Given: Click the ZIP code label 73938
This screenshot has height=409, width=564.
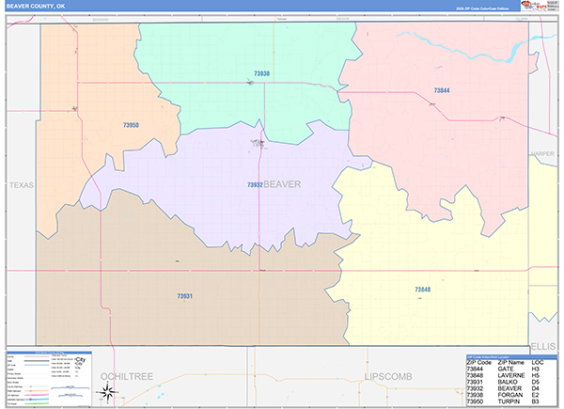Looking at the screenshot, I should click(x=261, y=73).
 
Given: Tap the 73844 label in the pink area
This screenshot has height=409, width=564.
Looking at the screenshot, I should click(x=442, y=90).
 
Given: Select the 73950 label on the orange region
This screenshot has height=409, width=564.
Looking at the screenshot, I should click(x=131, y=125).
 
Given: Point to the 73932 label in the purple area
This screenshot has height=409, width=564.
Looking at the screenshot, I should click(x=255, y=185).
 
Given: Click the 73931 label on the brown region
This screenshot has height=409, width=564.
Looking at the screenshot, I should click(x=184, y=296).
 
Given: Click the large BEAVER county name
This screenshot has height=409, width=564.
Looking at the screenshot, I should click(x=283, y=184).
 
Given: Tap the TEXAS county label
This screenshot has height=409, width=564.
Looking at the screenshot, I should click(x=21, y=185).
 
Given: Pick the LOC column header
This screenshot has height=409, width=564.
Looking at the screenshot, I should click(x=538, y=359).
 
